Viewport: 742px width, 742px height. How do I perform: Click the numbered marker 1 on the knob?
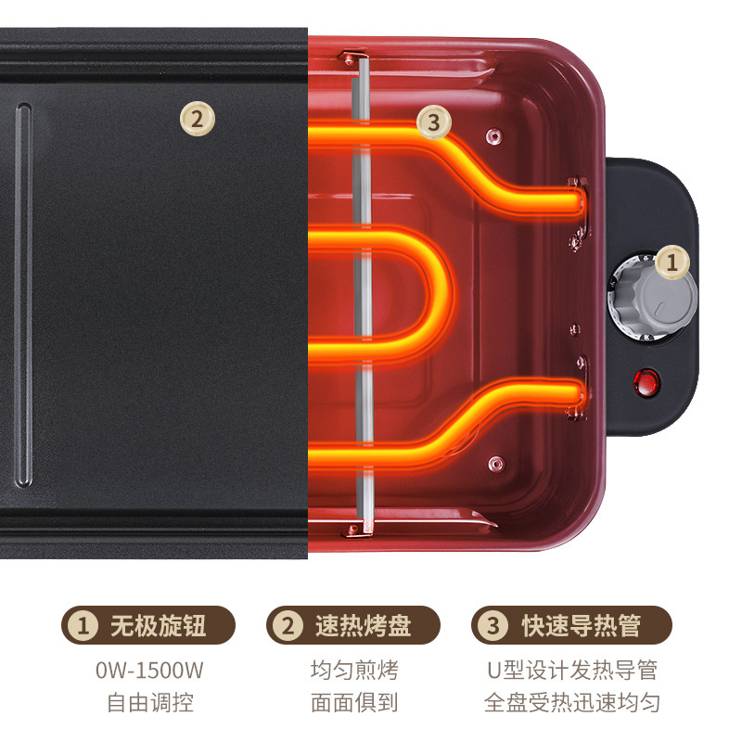[670, 262]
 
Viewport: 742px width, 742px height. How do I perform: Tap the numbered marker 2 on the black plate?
[197, 119]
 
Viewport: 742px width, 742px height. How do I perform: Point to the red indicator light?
[647, 380]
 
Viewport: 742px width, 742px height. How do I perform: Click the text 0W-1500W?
[149, 670]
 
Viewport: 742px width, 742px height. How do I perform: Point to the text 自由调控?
[149, 702]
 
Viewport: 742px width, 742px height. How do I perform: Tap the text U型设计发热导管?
[572, 670]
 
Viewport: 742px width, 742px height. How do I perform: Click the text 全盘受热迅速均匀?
[572, 702]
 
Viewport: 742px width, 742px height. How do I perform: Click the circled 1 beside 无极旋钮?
[84, 626]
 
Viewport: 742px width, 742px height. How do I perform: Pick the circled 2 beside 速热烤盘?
[288, 626]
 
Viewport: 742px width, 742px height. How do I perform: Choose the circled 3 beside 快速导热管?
[493, 626]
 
